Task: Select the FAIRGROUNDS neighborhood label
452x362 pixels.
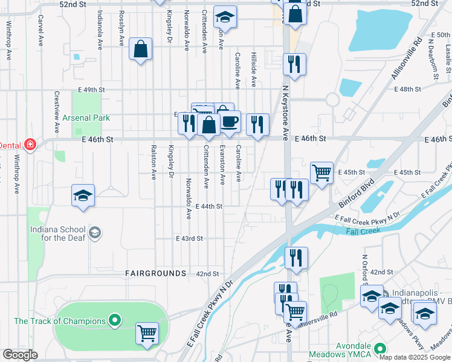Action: [x=155, y=273]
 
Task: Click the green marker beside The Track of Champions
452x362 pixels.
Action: [x=114, y=320]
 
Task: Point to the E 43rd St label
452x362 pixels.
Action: [x=189, y=238]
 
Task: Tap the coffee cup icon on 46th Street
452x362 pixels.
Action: [x=230, y=122]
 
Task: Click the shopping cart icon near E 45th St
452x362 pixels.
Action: [x=321, y=172]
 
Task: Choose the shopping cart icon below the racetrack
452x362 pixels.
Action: [x=147, y=333]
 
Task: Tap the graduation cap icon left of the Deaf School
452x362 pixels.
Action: [x=83, y=195]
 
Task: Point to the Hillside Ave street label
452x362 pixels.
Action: [x=254, y=68]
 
